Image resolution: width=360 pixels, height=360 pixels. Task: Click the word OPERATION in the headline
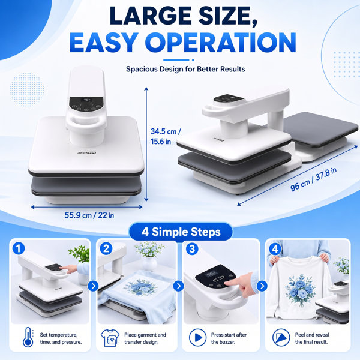220,43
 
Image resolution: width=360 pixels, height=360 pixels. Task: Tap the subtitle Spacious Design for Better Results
185,69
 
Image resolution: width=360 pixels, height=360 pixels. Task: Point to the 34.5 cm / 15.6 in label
166,136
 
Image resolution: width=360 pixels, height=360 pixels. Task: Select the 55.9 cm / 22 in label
89,215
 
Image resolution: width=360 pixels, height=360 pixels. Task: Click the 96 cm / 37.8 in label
313,179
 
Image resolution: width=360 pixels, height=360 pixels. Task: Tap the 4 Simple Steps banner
181,232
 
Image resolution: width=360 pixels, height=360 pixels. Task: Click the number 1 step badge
19,248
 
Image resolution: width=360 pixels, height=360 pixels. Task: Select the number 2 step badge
106,248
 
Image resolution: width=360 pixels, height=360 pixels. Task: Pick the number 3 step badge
192,248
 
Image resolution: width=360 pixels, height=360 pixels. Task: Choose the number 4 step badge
275,248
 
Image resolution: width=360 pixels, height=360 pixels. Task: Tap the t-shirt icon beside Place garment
110,338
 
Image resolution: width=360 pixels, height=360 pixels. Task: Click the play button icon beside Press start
197,337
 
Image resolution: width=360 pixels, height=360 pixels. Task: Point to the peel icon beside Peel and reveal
281,337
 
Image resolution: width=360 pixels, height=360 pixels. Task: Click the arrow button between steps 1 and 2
93,286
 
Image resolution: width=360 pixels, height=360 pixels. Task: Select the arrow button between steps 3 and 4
262,286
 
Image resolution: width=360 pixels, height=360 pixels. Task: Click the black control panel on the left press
86,104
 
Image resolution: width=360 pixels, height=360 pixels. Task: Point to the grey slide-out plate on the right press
320,129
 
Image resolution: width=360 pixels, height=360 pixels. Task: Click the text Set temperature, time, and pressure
61,338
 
